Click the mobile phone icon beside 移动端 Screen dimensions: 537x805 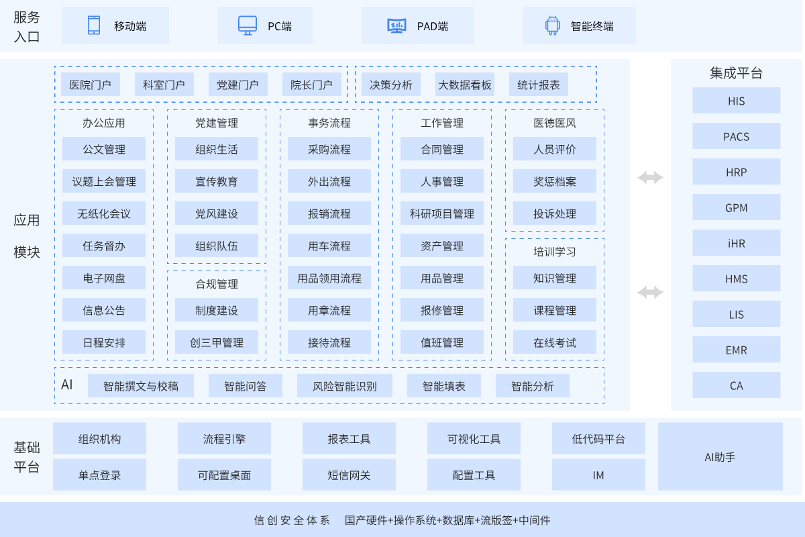(x=93, y=26)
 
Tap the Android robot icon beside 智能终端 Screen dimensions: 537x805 (x=552, y=26)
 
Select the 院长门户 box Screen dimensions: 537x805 (x=311, y=85)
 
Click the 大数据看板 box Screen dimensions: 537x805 (x=465, y=85)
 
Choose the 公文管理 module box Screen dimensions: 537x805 (x=104, y=149)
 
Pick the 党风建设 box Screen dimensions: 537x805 (x=217, y=213)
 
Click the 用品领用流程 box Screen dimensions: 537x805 (x=329, y=278)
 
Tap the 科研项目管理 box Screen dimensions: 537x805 (x=442, y=213)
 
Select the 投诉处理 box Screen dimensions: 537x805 (x=555, y=213)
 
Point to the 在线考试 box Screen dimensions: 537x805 (x=555, y=342)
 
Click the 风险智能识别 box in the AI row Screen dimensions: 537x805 (x=345, y=386)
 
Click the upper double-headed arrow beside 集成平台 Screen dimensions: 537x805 (x=650, y=177)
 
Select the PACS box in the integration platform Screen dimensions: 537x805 (x=736, y=136)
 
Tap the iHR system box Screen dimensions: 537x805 (x=736, y=243)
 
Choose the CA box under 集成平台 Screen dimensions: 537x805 (x=736, y=385)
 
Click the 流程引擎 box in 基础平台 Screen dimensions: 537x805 (x=224, y=439)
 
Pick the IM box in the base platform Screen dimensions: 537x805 (x=598, y=475)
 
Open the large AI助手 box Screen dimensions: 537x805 (x=720, y=456)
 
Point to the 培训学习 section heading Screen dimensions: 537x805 (x=555, y=252)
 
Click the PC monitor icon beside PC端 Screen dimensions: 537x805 (x=248, y=26)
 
